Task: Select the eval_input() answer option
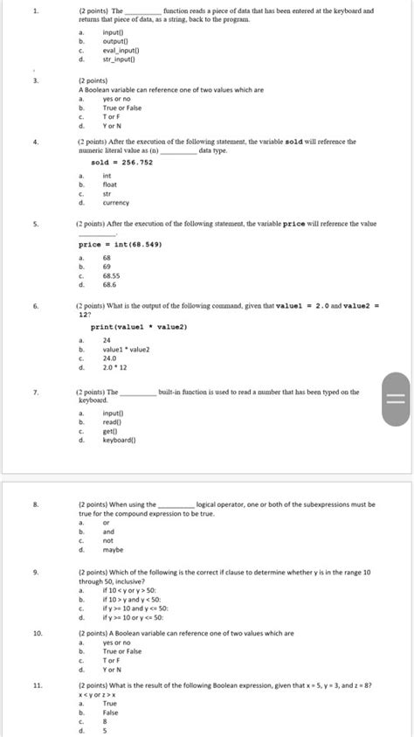(119, 52)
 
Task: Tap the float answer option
(109, 184)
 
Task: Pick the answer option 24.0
(110, 357)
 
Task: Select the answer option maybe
(113, 550)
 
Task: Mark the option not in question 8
(108, 540)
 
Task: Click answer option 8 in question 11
(105, 721)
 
